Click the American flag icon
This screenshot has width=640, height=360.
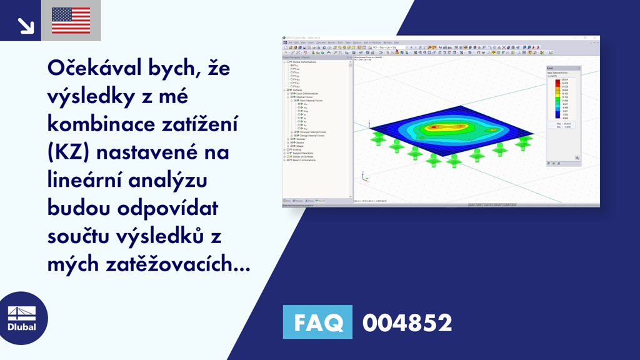(x=71, y=20)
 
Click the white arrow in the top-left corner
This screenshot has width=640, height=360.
(x=26, y=24)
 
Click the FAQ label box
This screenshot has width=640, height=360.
(x=317, y=322)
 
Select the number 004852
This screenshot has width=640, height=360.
(x=407, y=322)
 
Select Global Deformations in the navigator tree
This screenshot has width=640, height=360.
(x=300, y=62)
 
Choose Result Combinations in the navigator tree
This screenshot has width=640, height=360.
(x=302, y=160)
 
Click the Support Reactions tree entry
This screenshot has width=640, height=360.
(x=301, y=153)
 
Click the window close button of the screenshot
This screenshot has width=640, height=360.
(x=596, y=39)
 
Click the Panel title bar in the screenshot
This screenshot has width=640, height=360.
(x=562, y=67)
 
